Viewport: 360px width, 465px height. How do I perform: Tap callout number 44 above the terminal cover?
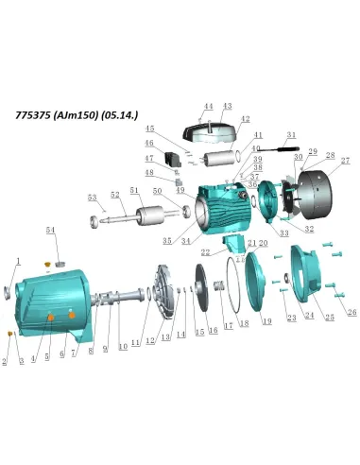pos(209,107)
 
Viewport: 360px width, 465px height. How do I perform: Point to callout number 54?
pos(51,231)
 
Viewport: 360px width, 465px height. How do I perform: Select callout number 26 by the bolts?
pos(352,313)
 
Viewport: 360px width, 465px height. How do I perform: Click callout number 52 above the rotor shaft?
pos(115,195)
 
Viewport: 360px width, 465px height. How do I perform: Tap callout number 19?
pos(266,322)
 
